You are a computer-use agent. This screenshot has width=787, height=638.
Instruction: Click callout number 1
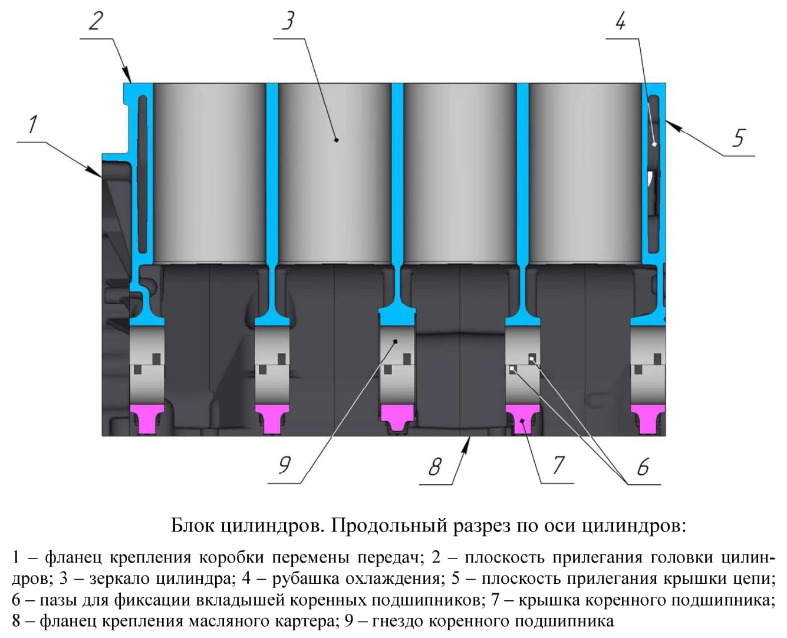(33, 124)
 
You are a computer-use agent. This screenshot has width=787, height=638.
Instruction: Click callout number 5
(739, 138)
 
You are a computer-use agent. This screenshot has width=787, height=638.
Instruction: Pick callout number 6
(643, 467)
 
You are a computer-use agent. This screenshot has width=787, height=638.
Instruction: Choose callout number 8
(434, 467)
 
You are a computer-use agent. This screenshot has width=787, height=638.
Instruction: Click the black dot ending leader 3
(336, 140)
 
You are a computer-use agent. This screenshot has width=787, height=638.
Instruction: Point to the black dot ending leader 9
(395, 342)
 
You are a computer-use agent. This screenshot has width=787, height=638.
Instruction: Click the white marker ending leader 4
(654, 144)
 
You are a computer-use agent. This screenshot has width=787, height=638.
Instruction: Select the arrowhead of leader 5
(671, 125)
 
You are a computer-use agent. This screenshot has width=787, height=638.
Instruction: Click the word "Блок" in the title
(193, 525)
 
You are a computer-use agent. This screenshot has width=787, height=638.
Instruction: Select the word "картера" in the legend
(301, 621)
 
